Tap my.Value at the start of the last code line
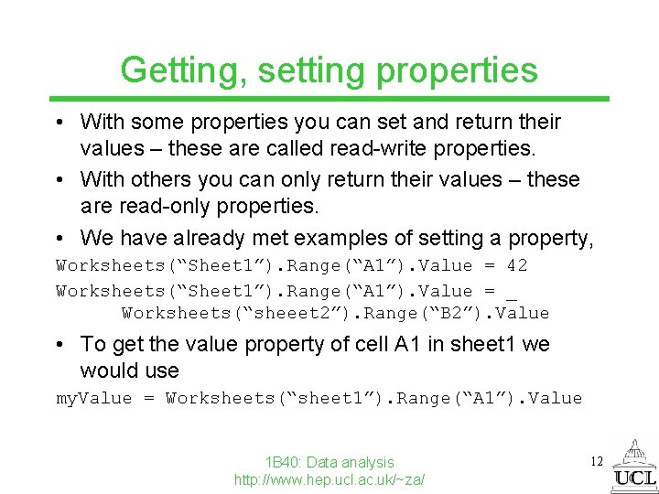coord(93,399)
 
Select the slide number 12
coord(596,461)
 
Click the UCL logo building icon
coord(634,454)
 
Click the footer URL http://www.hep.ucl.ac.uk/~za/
coord(329,479)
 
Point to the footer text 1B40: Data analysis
coord(329,462)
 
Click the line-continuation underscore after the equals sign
coord(511,293)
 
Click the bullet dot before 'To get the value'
coord(60,345)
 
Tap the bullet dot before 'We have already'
coord(60,239)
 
